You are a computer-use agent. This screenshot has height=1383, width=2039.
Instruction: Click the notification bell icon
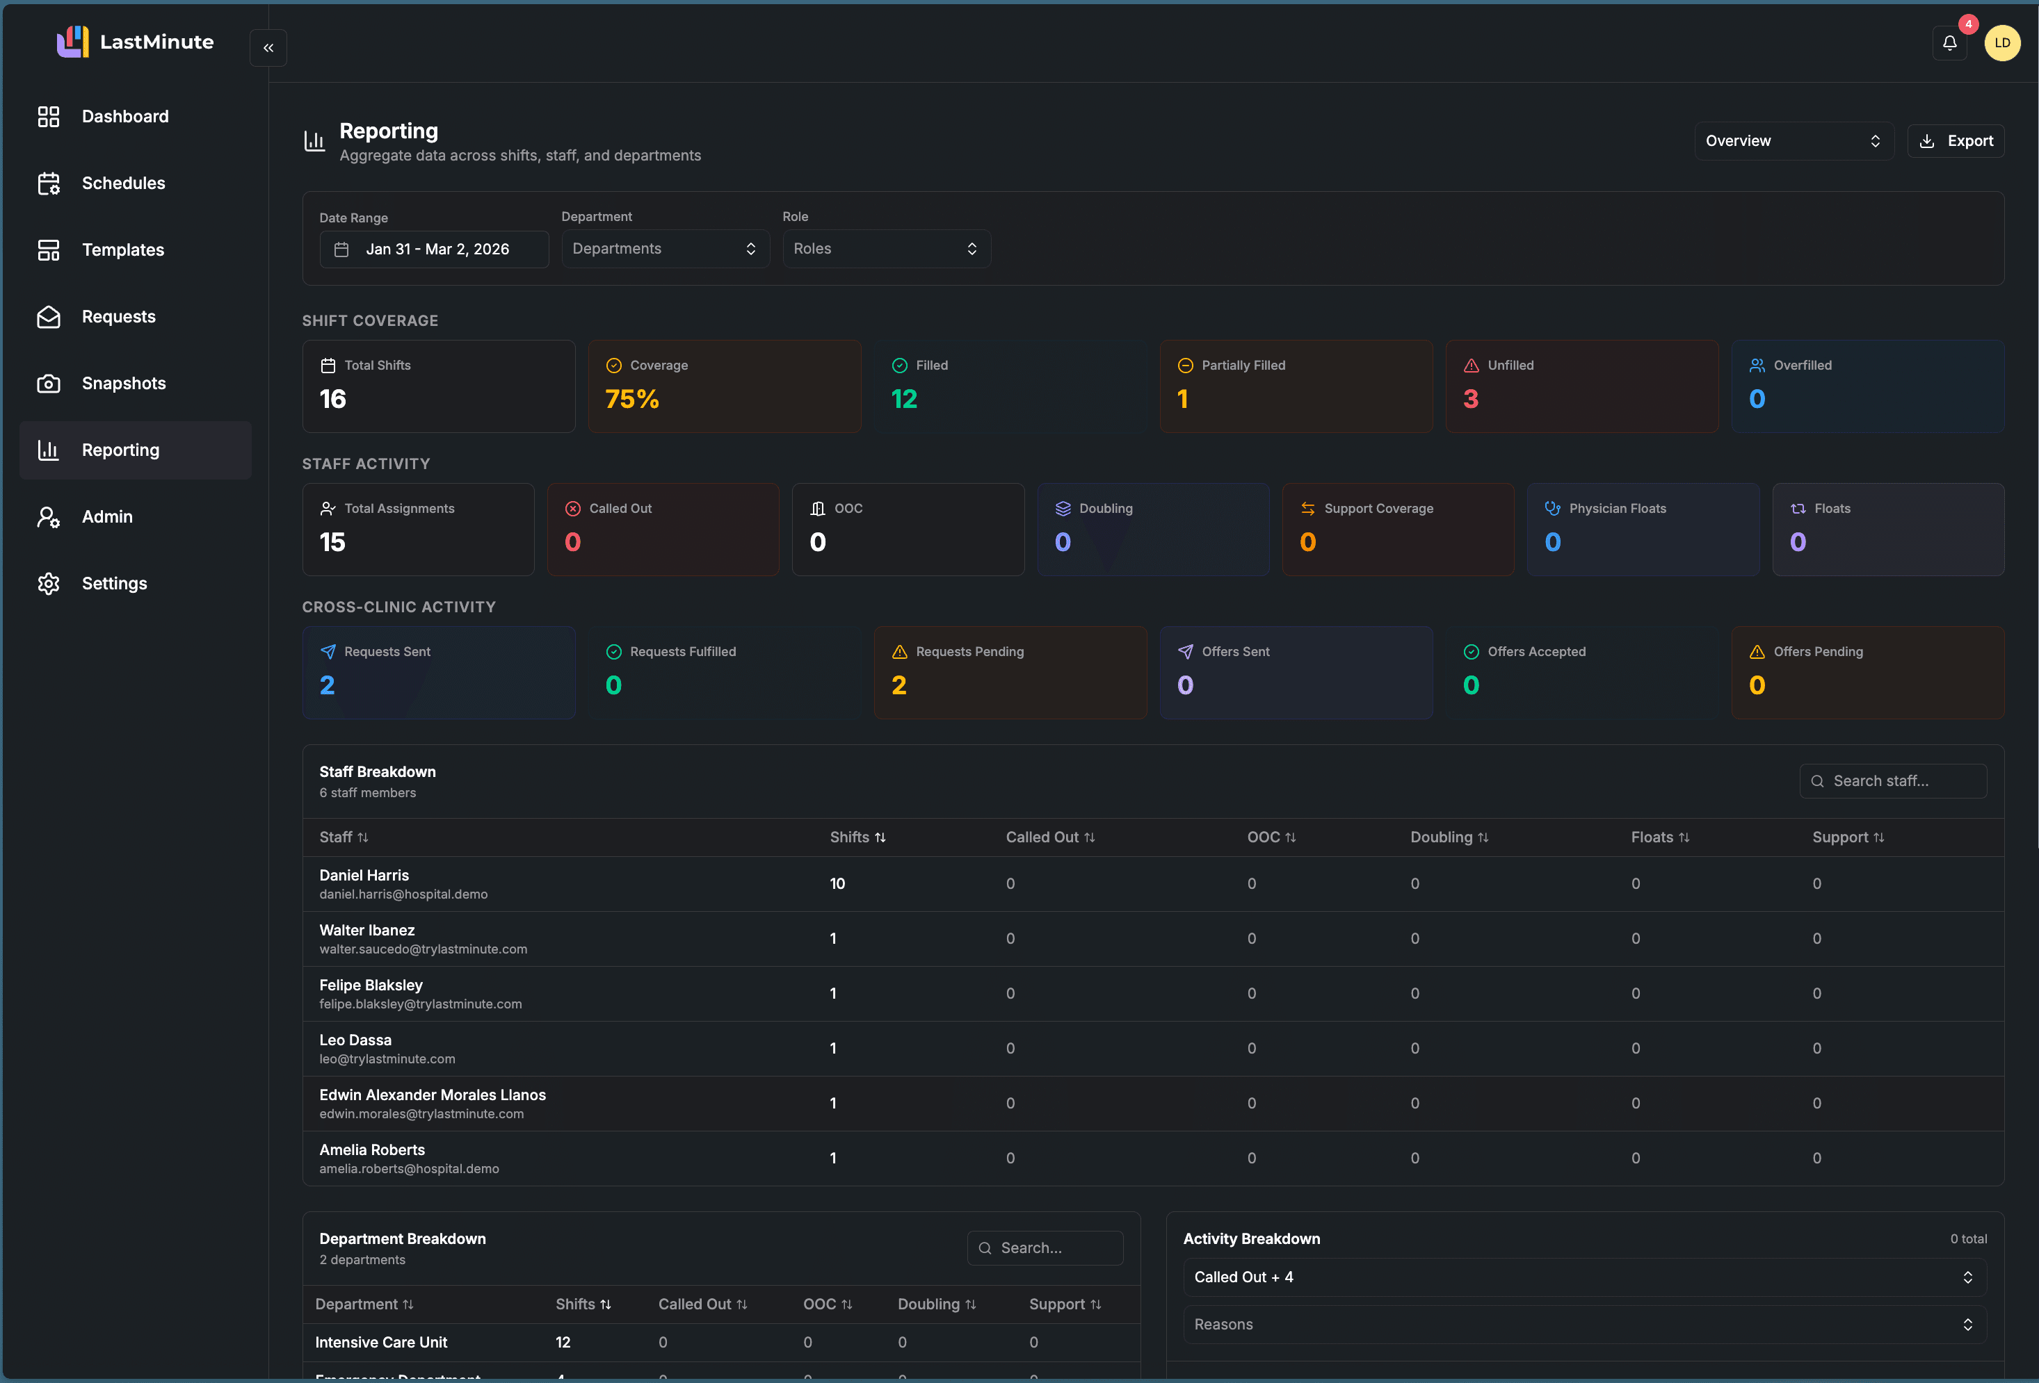(x=1949, y=43)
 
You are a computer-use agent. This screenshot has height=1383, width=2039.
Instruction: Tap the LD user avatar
(x=2001, y=43)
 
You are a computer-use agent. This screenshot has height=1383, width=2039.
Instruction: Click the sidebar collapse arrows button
(x=268, y=48)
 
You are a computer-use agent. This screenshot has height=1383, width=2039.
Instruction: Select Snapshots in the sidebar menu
(x=124, y=383)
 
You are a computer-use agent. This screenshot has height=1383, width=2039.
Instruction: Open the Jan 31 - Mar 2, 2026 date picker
(x=435, y=249)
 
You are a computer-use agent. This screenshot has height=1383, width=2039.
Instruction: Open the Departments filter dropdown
(x=665, y=249)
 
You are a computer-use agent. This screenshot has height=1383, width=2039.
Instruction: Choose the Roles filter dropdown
(x=886, y=249)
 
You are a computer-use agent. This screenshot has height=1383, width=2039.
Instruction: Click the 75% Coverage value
(x=631, y=400)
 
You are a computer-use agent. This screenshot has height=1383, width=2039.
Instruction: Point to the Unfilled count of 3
(x=1470, y=400)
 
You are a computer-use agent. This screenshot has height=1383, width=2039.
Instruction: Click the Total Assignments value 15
(x=332, y=543)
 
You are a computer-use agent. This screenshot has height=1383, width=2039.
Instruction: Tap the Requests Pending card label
(x=969, y=652)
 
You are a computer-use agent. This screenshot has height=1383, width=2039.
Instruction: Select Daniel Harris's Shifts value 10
(x=837, y=884)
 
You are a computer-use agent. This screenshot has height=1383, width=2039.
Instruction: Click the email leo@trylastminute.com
(x=387, y=1059)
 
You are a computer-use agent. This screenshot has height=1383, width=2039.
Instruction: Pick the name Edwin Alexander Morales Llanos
(x=433, y=1095)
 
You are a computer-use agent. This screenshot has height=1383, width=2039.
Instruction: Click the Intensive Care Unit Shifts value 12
(x=563, y=1343)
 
